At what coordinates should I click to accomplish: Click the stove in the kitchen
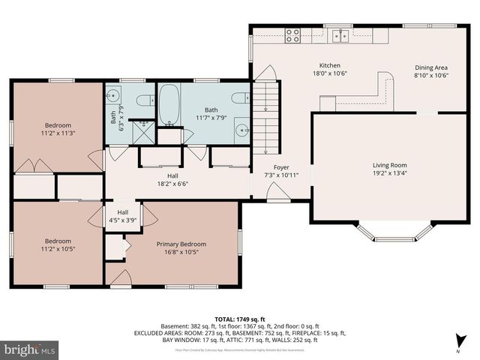click(292, 34)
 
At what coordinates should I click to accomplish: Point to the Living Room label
click(389, 165)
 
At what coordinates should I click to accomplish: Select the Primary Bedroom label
click(181, 244)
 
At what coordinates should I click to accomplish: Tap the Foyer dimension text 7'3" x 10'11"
click(281, 175)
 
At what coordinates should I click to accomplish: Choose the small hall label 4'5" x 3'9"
click(122, 220)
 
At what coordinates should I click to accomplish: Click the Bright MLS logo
click(30, 349)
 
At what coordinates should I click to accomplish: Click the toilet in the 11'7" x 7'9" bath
click(240, 97)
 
